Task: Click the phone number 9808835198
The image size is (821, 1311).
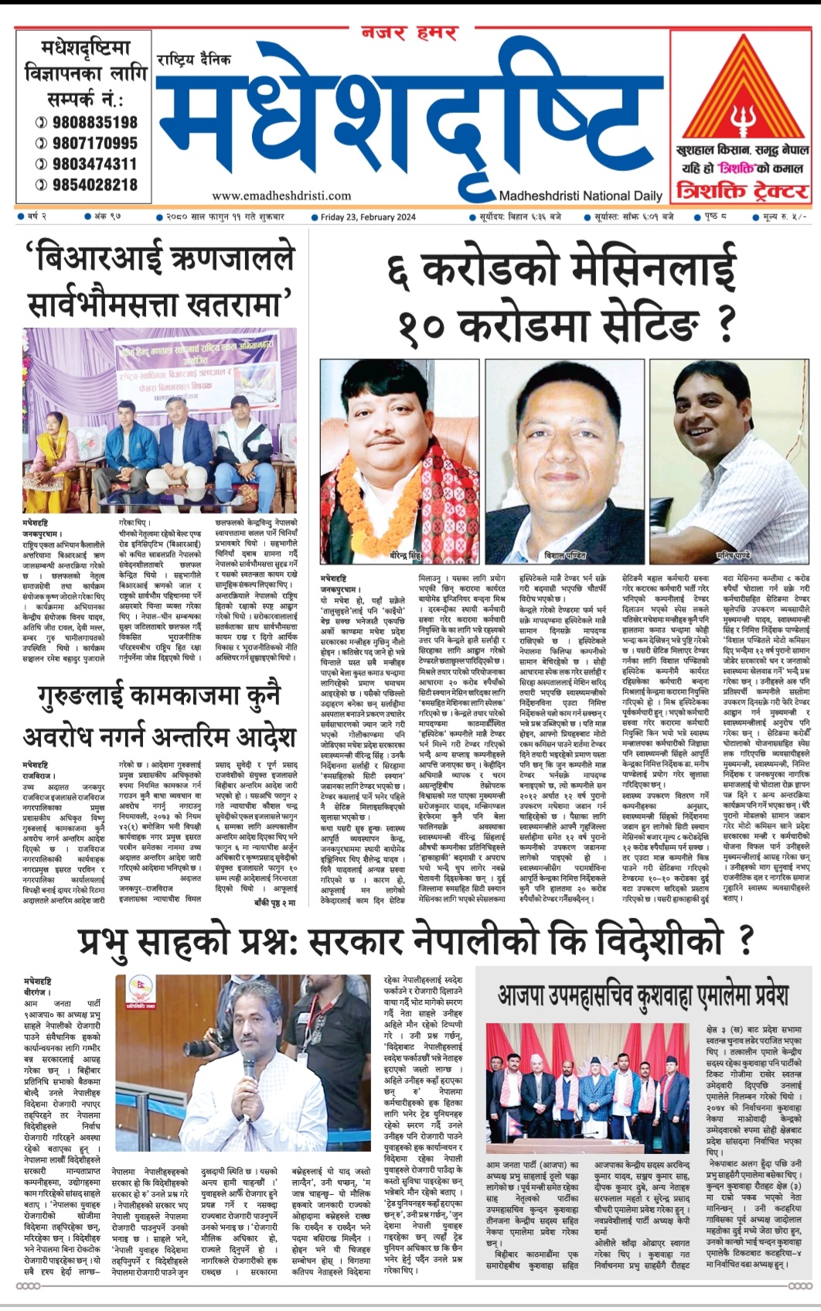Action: [x=94, y=122]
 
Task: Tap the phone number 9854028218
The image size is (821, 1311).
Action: [x=94, y=185]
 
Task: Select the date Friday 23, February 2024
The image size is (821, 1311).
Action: [x=368, y=217]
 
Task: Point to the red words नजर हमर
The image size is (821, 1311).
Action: [x=410, y=32]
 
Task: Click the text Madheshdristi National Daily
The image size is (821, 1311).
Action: [x=581, y=196]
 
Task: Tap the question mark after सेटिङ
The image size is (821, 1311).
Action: [x=724, y=324]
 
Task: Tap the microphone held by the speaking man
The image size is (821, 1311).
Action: [x=249, y=1069]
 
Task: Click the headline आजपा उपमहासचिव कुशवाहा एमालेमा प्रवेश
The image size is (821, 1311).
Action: [x=643, y=994]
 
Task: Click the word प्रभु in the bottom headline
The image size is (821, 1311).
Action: [x=116, y=941]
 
